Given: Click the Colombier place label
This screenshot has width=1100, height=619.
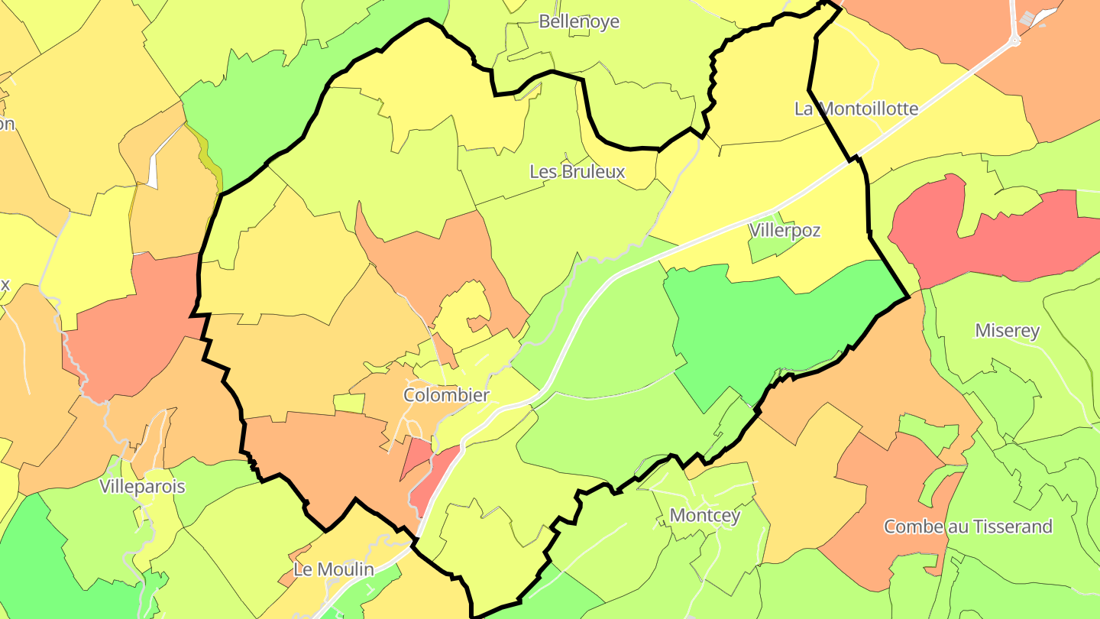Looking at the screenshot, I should [x=446, y=395].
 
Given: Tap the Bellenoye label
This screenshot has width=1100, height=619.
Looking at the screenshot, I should [x=578, y=21].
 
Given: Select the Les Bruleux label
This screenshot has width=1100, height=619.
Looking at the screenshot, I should [x=577, y=172].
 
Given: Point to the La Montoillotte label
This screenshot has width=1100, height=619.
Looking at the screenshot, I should [x=856, y=109].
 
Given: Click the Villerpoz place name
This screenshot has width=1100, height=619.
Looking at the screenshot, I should [x=785, y=230].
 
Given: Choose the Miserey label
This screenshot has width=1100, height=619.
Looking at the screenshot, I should [x=1007, y=331].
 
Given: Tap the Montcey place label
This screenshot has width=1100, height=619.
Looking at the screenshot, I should [x=704, y=516].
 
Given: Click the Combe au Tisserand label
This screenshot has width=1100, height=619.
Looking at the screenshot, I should [x=967, y=527].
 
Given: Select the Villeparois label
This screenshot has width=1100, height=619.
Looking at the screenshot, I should [x=142, y=487].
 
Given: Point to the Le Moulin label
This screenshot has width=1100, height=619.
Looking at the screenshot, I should [x=334, y=569].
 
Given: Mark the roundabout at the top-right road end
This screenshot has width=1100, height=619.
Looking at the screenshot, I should [x=1015, y=40].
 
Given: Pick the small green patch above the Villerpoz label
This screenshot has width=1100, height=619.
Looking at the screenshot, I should [x=768, y=245].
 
